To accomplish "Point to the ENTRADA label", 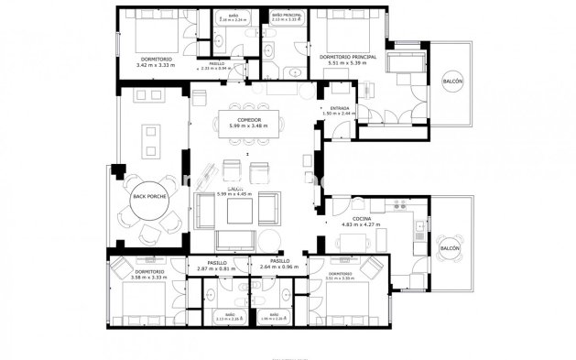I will tap(339, 109).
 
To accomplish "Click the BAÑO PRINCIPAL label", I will tap(286, 16).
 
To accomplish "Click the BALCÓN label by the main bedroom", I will tap(452, 81).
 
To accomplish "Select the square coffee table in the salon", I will tap(234, 210).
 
